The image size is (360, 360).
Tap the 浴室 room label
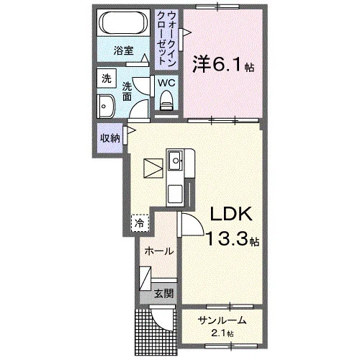pos(123,51)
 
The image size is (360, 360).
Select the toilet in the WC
pos(166,100)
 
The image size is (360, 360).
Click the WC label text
pos(166,83)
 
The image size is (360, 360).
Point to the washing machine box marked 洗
pos(107,78)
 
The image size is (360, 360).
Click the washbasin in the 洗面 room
pos(106,107)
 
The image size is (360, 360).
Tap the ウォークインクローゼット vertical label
pos(166,38)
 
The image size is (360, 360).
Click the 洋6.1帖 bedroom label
pos(223,64)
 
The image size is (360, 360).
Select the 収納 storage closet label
pos(110,138)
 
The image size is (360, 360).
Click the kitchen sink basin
pos(175,160)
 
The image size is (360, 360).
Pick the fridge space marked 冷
pos(140,223)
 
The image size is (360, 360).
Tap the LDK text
pos(231,214)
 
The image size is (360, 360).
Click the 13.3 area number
pos(226,239)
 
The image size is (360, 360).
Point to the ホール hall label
pos(159,251)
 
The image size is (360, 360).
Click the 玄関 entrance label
pos(163,293)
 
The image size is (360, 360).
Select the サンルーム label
pos(222,320)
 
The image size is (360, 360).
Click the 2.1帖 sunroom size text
pos(222,333)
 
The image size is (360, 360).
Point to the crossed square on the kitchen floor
pos(153,168)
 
